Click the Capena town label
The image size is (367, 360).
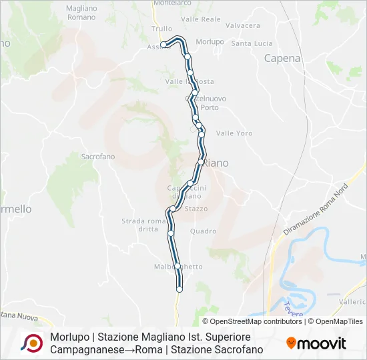[x=282, y=58]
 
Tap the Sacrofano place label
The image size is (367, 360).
[x=98, y=157]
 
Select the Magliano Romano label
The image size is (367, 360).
[x=81, y=12]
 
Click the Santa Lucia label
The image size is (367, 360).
[x=252, y=43]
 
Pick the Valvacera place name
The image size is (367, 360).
[x=243, y=25]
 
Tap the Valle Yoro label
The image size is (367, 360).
[x=234, y=133]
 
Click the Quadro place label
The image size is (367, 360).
[x=203, y=231]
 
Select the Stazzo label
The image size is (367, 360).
[x=196, y=209]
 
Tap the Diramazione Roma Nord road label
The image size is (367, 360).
[x=316, y=209]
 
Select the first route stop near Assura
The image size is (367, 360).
[x=163, y=45]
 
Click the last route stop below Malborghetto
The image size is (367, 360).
[x=179, y=289]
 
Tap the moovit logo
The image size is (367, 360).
[x=316, y=343]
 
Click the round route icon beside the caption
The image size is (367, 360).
[x=31, y=343]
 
